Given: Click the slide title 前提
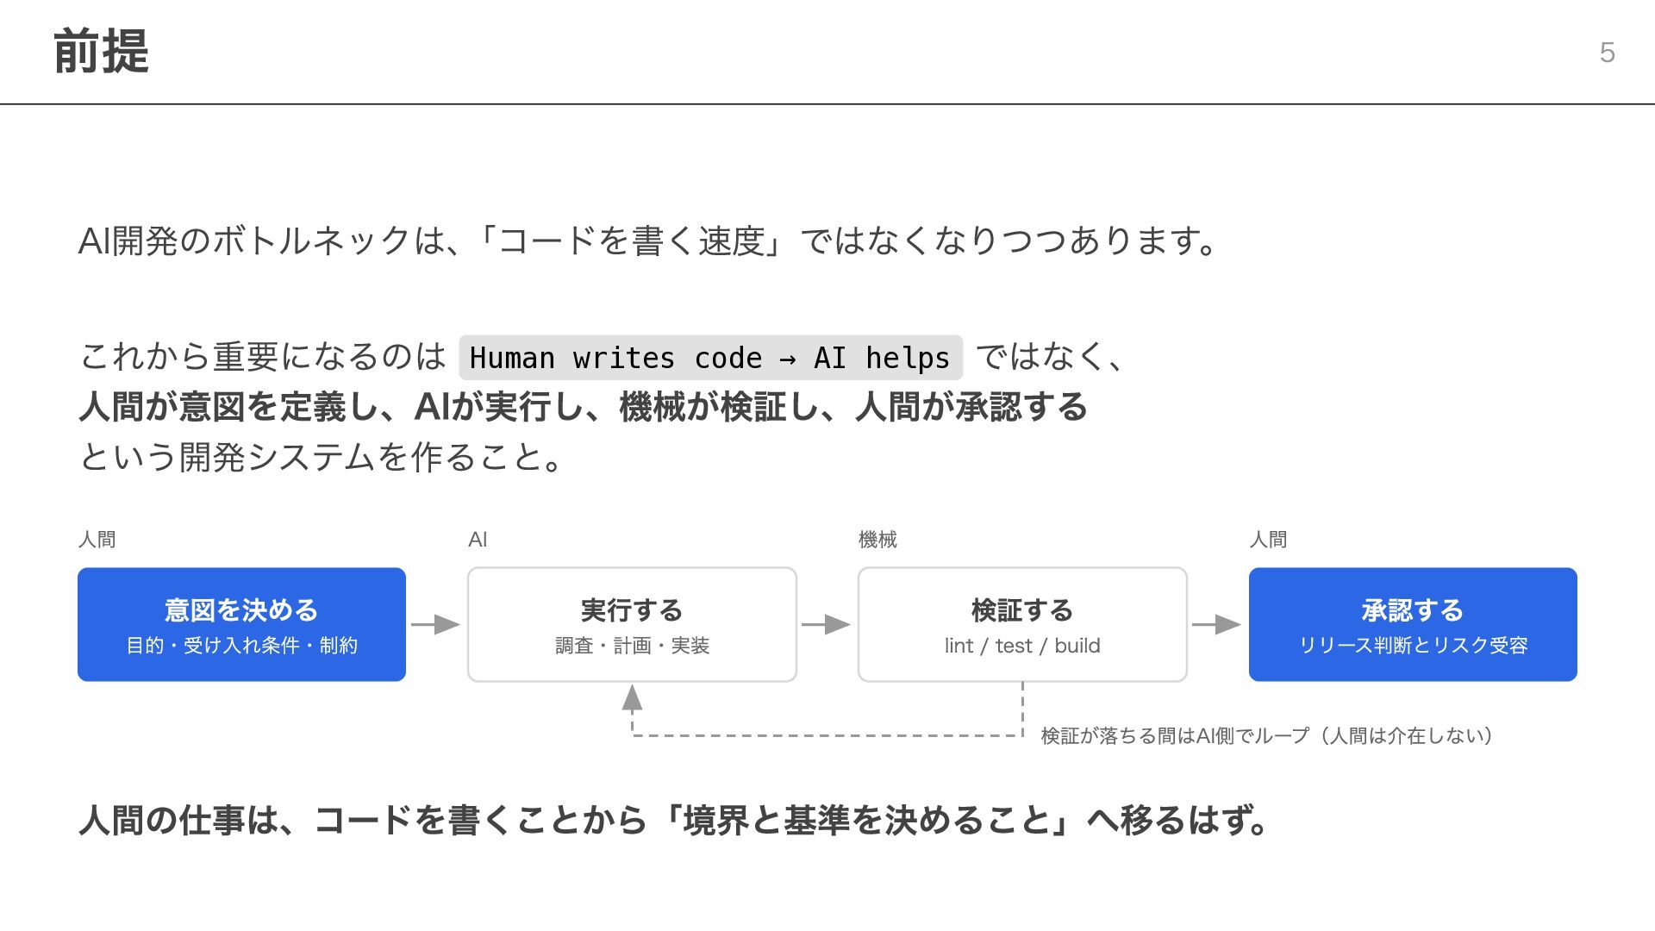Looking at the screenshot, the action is click(101, 52).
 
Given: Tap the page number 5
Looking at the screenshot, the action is click(1607, 53).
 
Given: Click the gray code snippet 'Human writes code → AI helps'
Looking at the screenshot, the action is click(710, 358).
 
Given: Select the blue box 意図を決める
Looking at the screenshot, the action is click(241, 624).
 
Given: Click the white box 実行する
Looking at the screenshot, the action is click(632, 624).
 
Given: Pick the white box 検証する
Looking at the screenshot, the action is click(1022, 624).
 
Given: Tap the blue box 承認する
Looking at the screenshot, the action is click(1413, 624).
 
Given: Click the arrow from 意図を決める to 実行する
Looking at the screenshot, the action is click(436, 624).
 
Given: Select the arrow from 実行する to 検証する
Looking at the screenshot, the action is click(827, 624).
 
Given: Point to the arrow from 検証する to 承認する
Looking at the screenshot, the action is click(1217, 624).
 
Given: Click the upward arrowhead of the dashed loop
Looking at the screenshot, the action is click(632, 697).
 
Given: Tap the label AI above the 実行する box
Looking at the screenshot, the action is click(478, 540).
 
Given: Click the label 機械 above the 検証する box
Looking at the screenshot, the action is click(877, 540).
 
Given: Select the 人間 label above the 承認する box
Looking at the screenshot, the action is click(1268, 540).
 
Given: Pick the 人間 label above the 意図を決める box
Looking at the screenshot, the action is click(97, 540).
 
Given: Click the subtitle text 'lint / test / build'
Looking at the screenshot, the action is click(1022, 646).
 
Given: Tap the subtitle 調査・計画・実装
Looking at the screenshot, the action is click(632, 646).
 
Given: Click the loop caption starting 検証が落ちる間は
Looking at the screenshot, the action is click(1267, 735).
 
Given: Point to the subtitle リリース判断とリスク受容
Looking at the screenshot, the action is click(1413, 646).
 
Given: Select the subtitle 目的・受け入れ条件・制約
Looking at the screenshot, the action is click(241, 646).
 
